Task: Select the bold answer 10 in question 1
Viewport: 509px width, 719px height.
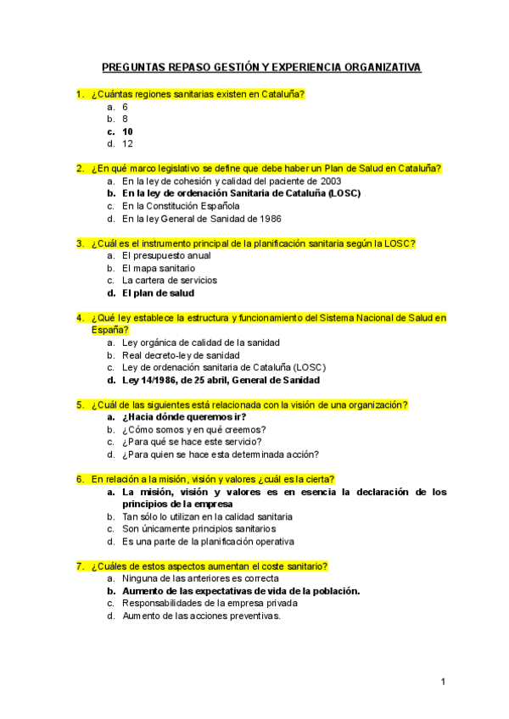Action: (x=127, y=131)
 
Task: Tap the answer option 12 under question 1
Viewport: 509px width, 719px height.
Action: (x=127, y=144)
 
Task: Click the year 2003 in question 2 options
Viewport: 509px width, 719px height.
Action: (x=330, y=181)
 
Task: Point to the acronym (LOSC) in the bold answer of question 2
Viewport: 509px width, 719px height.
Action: (x=340, y=193)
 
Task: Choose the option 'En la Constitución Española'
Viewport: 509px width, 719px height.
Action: (x=181, y=205)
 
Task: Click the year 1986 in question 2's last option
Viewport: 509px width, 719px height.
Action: (x=269, y=218)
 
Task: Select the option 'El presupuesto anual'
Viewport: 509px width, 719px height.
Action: (x=166, y=255)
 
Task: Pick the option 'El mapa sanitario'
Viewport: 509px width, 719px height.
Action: (x=159, y=268)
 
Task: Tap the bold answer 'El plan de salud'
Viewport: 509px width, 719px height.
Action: (x=158, y=293)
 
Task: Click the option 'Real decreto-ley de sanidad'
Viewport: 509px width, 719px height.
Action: (x=181, y=355)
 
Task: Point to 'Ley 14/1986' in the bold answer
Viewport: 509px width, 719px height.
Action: (x=151, y=380)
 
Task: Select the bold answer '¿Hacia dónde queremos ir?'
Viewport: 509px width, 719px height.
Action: (x=184, y=417)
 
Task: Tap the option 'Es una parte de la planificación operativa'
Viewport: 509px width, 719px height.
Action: (x=208, y=541)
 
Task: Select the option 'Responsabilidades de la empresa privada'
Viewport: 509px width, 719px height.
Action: (x=210, y=603)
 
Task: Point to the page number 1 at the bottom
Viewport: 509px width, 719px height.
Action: (x=443, y=682)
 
